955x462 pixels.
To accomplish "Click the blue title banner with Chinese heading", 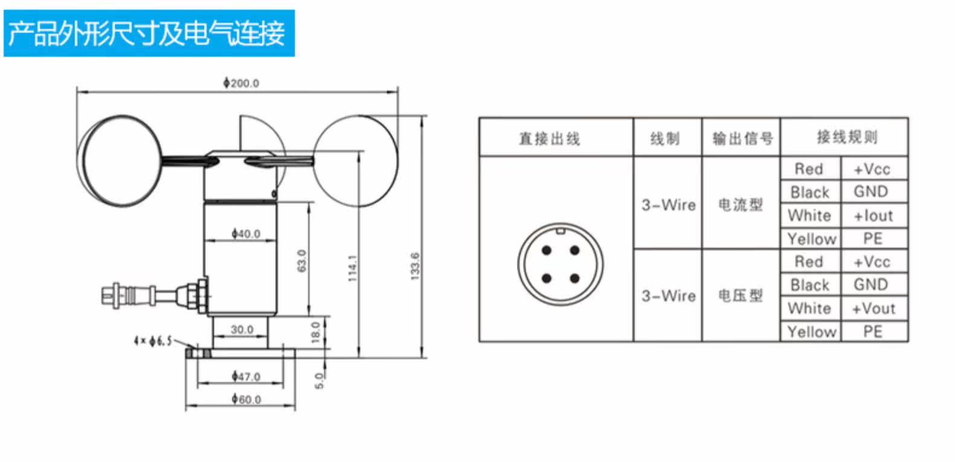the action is point(149,33).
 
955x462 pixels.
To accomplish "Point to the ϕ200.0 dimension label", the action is point(241,83).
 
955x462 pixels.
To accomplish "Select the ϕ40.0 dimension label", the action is point(246,234).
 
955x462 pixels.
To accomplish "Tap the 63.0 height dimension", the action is point(302,260).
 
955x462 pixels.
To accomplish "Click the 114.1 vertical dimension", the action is point(353,268).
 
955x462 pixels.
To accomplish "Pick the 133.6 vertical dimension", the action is point(415,266).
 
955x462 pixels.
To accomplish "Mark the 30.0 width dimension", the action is point(242,330).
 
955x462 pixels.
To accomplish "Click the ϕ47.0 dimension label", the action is point(246,376).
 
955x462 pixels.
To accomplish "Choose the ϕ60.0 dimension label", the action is point(246,399).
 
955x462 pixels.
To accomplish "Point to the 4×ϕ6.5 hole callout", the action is point(153,341).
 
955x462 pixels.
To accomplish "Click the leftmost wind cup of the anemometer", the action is point(120,161).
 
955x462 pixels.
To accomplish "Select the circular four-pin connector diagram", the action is point(561,264).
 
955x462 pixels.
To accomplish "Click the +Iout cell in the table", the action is point(873,216).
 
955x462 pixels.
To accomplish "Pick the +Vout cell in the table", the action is point(873,309).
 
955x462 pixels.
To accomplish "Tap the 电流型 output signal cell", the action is point(741,205).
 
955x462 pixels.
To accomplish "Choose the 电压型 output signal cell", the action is point(741,296).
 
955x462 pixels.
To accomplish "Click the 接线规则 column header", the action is point(847,137).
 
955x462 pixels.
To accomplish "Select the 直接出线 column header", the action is point(550,139).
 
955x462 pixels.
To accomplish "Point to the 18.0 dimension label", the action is point(316,332).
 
